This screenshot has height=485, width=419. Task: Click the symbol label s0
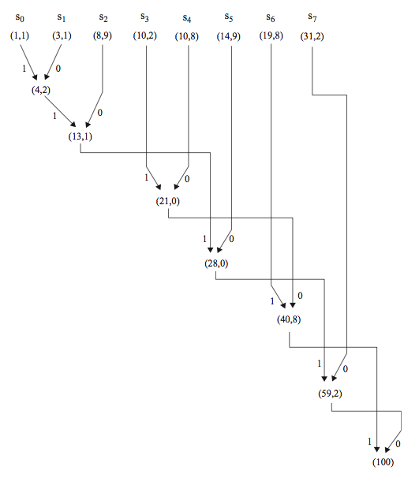[20, 18]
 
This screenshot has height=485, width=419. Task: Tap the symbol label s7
[312, 17]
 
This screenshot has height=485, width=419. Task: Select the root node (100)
[383, 462]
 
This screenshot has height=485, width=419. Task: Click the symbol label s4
[187, 18]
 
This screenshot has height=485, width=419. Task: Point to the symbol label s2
[103, 18]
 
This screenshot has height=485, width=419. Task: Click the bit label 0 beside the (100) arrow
[398, 444]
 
